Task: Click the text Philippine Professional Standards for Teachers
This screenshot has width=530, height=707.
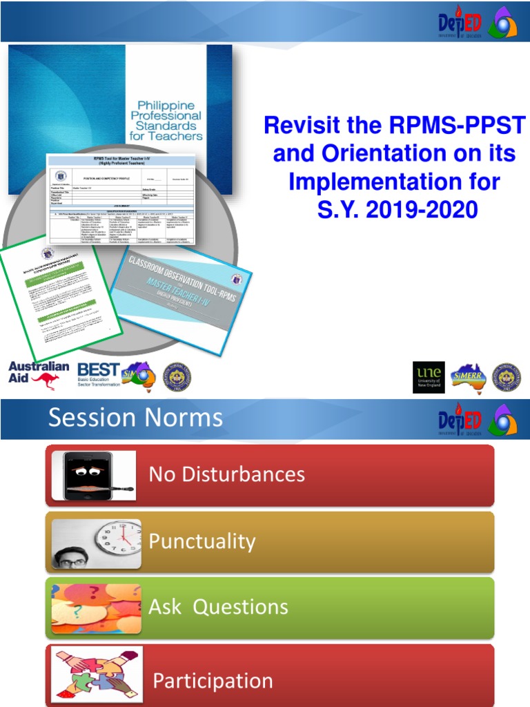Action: pos(166,119)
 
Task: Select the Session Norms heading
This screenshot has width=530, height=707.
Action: pos(135,418)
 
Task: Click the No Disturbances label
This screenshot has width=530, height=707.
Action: pos(226,474)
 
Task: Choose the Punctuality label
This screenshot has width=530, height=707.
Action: pos(202,541)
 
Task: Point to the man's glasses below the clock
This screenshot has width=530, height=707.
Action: pos(72,563)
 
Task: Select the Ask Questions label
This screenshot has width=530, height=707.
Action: pos(218,607)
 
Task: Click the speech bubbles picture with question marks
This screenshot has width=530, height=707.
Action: pos(96,608)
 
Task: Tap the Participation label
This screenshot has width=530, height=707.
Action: pos(213,681)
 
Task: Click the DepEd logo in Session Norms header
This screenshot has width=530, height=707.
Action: pos(458,419)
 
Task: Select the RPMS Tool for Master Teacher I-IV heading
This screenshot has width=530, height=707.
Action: pos(121,160)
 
